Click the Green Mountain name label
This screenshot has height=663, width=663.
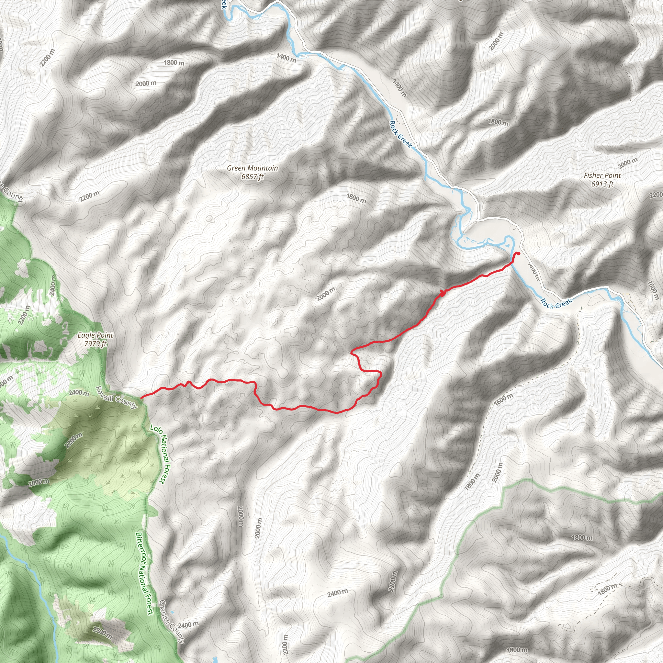[252, 168]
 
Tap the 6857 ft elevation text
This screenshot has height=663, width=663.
[252, 177]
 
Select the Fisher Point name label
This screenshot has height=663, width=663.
[602, 175]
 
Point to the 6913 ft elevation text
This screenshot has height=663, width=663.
[602, 184]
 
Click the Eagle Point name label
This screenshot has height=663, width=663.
[95, 335]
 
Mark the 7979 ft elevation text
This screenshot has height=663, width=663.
[95, 343]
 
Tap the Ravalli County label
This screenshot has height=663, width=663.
[116, 398]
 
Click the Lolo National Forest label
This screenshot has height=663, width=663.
[161, 454]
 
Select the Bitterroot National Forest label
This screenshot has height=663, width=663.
[144, 573]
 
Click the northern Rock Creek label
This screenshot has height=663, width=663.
[400, 134]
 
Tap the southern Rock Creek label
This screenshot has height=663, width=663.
[556, 303]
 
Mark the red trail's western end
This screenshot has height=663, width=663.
[141, 398]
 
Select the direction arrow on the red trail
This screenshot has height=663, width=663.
[442, 293]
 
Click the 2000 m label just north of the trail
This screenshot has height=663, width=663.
[326, 294]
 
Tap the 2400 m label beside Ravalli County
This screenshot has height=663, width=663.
[79, 393]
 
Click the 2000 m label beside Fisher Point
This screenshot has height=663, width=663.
[628, 163]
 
